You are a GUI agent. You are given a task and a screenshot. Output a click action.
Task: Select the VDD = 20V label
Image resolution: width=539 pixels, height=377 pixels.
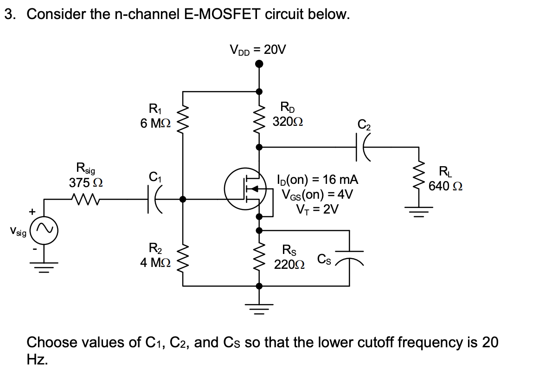258,49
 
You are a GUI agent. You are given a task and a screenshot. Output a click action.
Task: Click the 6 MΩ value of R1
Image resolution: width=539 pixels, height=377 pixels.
155,123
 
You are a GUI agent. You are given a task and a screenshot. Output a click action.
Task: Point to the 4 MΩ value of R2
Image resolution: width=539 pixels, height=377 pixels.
155,262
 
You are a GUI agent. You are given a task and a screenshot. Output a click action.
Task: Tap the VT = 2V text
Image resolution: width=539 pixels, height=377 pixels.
318,209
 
